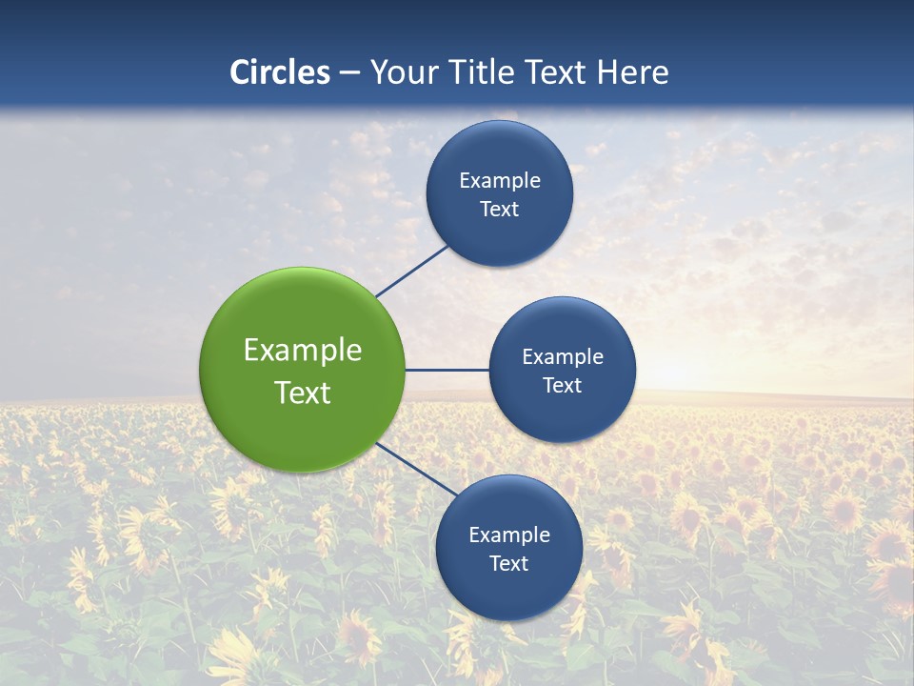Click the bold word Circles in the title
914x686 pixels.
tap(280, 72)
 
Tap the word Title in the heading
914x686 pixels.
tap(484, 72)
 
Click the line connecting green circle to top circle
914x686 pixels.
tap(412, 271)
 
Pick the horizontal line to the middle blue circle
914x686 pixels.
tap(447, 370)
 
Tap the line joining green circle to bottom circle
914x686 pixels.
tap(416, 469)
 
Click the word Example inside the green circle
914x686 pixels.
tap(303, 351)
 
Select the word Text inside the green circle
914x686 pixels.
tap(303, 393)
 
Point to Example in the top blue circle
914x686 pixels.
tap(500, 181)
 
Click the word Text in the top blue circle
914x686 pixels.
tap(500, 210)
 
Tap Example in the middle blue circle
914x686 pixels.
tap(563, 357)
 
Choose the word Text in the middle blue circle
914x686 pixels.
tap(563, 386)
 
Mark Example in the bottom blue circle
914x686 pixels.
tap(509, 535)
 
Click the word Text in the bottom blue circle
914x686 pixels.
tap(509, 564)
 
